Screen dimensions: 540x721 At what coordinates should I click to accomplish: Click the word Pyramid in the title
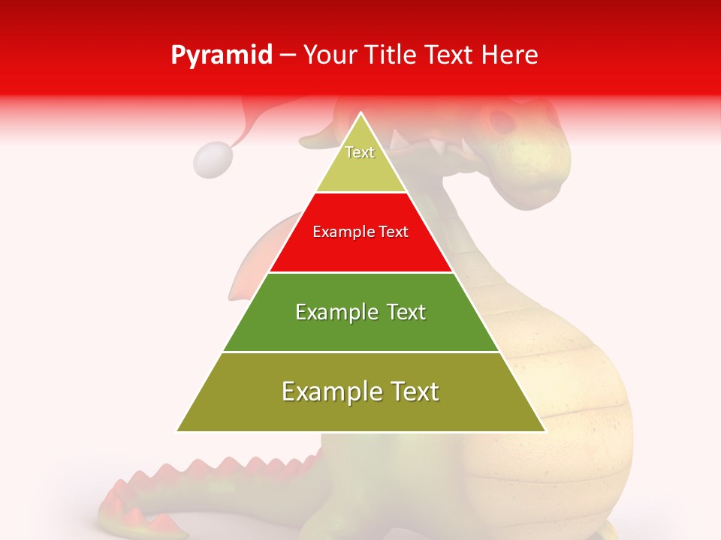pos(222,55)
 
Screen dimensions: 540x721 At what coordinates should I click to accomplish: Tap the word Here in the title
pos(510,55)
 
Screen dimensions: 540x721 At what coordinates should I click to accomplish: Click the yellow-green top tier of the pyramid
pos(360,169)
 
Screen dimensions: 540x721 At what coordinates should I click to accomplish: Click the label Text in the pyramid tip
pos(360,152)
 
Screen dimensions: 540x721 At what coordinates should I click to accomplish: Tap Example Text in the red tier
pos(360,232)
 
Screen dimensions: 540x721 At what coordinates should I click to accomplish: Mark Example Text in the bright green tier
pos(360,312)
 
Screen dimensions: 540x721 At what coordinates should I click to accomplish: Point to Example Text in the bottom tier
pos(360,391)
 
